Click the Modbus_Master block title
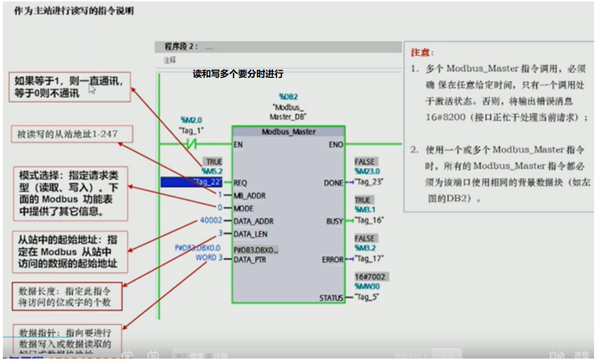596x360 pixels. point(288,132)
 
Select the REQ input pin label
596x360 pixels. point(240,183)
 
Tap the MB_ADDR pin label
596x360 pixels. point(250,196)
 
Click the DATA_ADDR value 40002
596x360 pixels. point(211,221)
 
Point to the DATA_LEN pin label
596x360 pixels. point(250,234)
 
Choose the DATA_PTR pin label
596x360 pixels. point(250,260)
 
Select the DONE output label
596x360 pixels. point(333,183)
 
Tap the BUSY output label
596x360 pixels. point(335,221)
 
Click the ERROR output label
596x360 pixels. point(333,260)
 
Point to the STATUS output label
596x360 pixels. point(331,298)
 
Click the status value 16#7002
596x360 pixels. point(370,277)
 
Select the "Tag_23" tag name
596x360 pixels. point(370,182)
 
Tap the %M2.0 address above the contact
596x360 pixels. point(191,120)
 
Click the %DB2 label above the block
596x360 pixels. point(288,97)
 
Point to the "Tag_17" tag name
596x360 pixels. point(370,259)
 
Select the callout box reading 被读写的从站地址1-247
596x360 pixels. point(71,134)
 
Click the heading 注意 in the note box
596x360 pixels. point(422,53)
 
